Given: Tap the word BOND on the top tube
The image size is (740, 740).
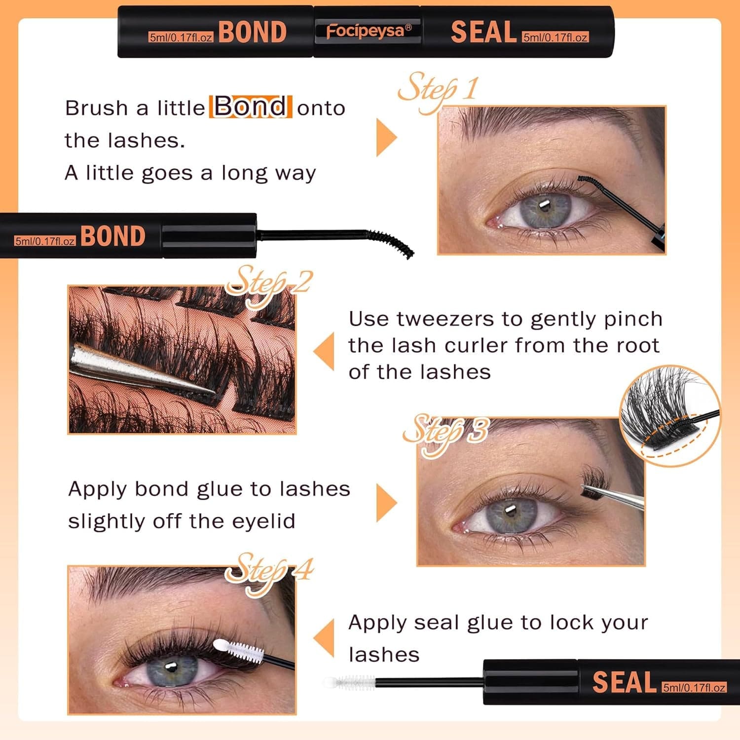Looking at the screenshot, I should coord(252,32).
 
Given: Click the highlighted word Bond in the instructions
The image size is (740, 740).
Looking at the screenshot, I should coord(251,107).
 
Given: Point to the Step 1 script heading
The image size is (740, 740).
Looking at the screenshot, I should coord(438,91).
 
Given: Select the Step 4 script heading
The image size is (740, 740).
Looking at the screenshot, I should coord(269,571).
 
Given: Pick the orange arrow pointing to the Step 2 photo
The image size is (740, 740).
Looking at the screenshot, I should coord(324,351).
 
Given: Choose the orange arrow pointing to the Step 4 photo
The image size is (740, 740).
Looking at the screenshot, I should coord(324,638).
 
